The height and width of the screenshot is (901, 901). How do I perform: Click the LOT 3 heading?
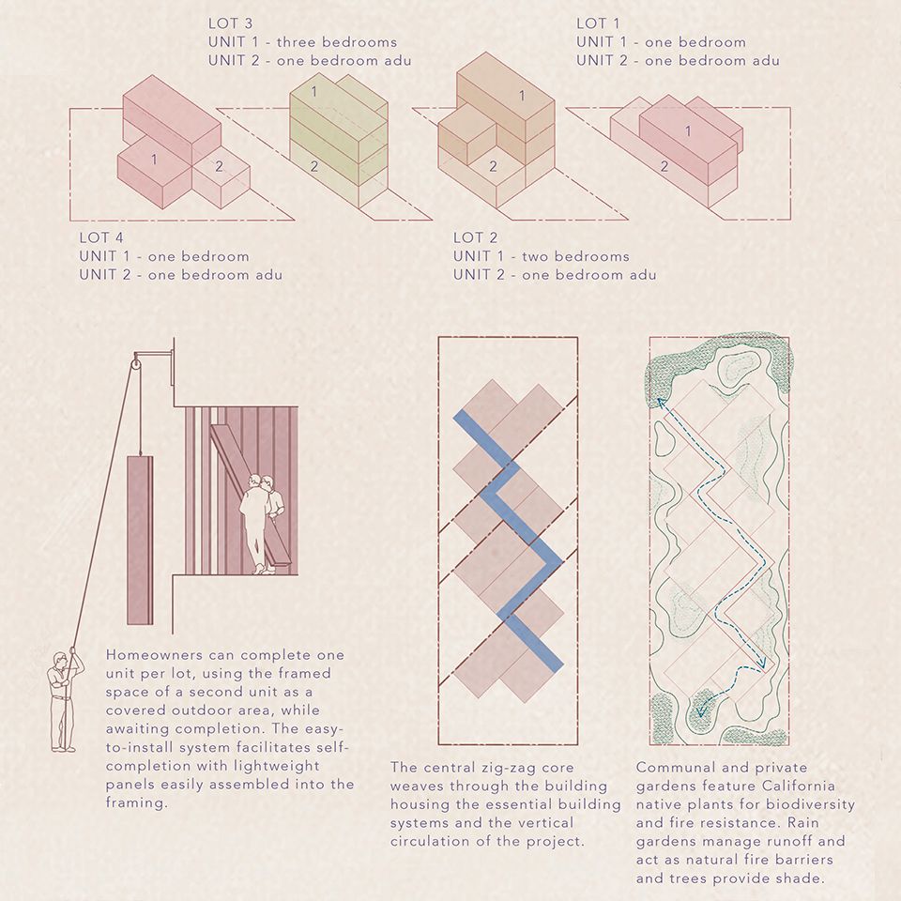[231, 23]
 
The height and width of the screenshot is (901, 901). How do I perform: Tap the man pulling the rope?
[63, 699]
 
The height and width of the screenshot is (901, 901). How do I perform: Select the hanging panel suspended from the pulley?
[139, 540]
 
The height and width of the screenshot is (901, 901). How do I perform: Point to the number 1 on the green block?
[314, 91]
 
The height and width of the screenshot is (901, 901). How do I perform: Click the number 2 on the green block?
[314, 166]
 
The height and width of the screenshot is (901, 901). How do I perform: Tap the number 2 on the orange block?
[491, 166]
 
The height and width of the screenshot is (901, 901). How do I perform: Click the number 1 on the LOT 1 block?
[688, 131]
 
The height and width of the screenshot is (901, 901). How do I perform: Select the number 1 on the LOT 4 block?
[154, 160]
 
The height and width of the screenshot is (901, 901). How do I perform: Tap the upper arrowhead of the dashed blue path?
[659, 401]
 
